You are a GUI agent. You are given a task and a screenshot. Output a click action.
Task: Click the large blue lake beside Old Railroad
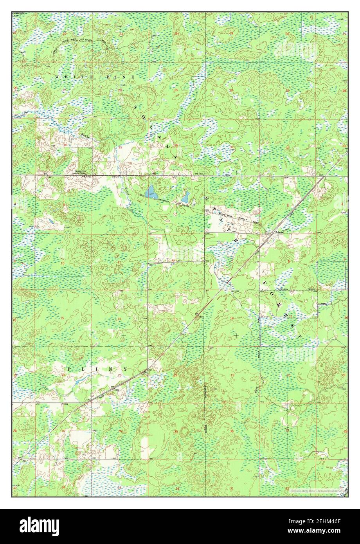[150, 192]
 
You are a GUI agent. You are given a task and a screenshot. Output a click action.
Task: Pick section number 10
[63, 263]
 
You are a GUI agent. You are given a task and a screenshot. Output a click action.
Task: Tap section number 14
[119, 319]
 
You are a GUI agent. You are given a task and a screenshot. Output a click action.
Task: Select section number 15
[62, 318]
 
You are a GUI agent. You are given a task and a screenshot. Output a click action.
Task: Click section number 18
[231, 318]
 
